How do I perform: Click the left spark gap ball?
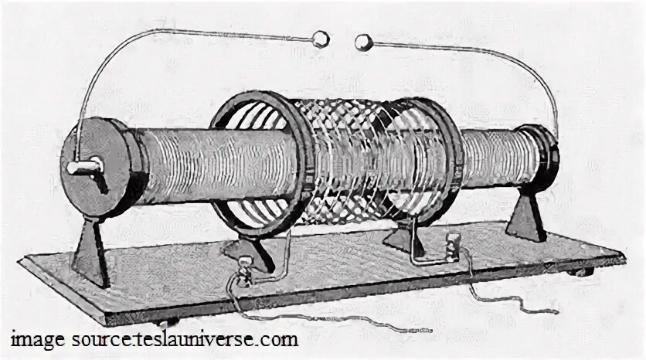coord(319,39)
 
